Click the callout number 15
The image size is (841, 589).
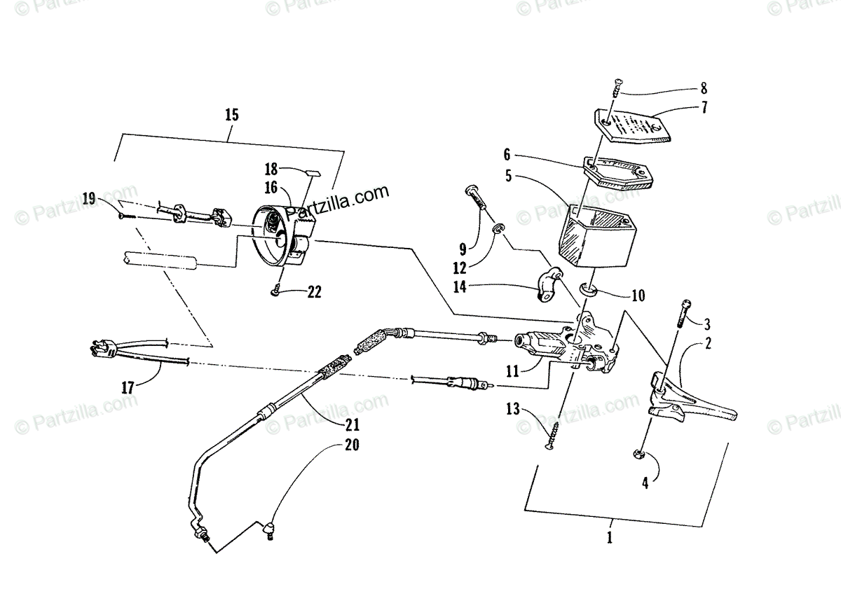(232, 116)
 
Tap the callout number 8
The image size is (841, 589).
(703, 89)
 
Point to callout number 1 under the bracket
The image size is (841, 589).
(609, 538)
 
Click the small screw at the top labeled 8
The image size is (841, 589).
(617, 88)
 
